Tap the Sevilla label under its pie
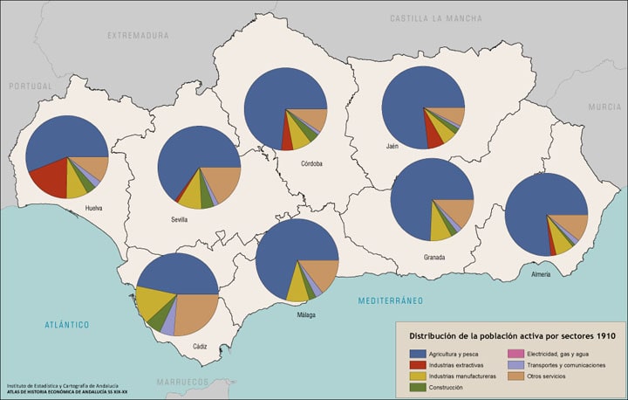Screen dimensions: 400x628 180,220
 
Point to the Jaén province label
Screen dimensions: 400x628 392,146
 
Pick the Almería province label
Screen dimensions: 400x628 541,274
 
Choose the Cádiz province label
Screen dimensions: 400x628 200,347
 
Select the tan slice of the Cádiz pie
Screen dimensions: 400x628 197,313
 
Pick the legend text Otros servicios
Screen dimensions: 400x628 546,376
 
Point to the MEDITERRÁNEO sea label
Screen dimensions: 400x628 390,300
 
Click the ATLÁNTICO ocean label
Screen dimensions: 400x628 67,325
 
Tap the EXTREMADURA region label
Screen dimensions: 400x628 137,36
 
